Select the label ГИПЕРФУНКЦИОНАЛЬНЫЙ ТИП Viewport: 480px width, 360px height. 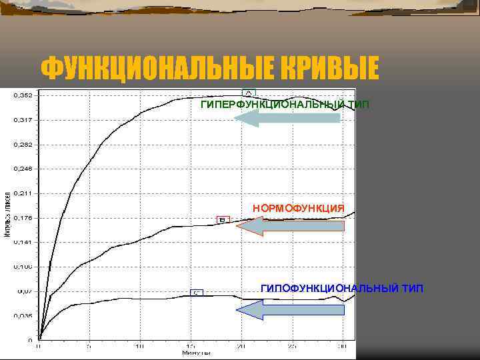click(x=285, y=105)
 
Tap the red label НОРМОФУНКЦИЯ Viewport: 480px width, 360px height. click(x=299, y=209)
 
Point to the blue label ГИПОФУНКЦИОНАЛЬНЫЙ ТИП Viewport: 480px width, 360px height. click(x=341, y=288)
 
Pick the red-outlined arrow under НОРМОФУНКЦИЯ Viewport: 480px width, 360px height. click(x=291, y=227)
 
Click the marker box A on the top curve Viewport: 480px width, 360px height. click(x=248, y=93)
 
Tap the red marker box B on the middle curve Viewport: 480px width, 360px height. click(x=223, y=219)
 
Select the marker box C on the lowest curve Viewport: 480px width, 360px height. click(x=197, y=292)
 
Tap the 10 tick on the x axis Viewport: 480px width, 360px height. click(x=139, y=347)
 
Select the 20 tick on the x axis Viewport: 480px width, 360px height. click(x=241, y=347)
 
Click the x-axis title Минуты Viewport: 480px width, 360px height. click(x=196, y=353)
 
